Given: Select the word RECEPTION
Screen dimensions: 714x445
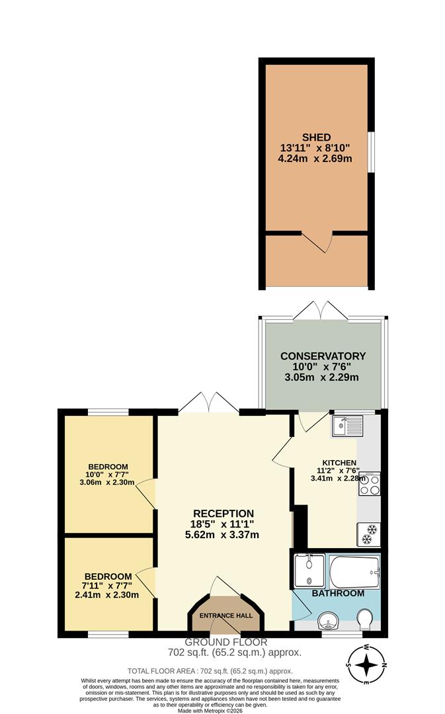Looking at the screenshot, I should [x=223, y=513].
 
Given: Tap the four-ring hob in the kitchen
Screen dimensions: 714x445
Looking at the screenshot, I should [x=369, y=485].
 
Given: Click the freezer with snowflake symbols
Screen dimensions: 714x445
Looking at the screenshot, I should [x=369, y=534].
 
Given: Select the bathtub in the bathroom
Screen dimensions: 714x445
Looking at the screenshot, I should [x=354, y=571].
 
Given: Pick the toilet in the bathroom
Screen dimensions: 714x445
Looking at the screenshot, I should [x=364, y=619].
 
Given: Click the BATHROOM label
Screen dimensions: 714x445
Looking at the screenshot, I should [x=338, y=593].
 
